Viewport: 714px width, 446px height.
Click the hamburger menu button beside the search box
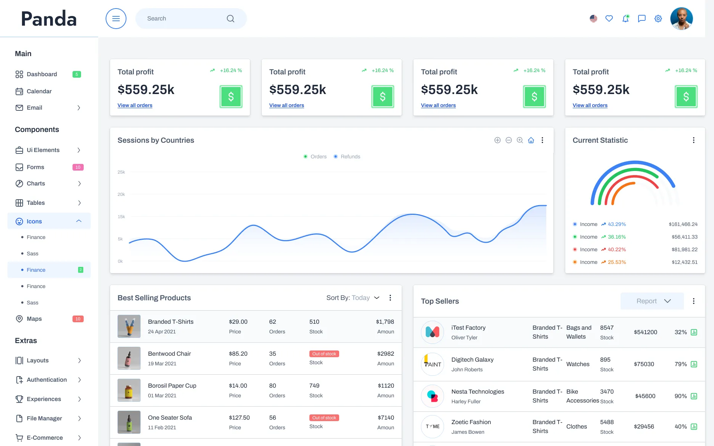[116, 19]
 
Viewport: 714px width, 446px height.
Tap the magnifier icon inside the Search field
[231, 19]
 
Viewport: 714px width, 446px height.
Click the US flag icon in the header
[593, 19]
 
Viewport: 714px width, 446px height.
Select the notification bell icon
[625, 19]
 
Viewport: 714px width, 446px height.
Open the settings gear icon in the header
[658, 19]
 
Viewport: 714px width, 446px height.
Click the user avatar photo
[681, 19]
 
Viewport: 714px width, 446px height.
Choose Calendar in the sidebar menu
[39, 91]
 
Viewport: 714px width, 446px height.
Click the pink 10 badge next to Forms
[78, 167]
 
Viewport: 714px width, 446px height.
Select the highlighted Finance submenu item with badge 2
[36, 270]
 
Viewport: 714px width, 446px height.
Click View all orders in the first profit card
[135, 106]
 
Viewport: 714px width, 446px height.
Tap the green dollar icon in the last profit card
[686, 97]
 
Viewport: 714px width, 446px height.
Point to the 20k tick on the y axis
[121, 194]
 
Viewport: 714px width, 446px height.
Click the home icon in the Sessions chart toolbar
[531, 140]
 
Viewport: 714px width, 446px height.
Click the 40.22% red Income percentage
[617, 250]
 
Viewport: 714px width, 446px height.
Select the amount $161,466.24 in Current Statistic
[683, 224]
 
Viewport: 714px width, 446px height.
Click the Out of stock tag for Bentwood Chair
[324, 354]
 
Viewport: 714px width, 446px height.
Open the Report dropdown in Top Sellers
[652, 301]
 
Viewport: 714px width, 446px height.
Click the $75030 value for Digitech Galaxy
[644, 364]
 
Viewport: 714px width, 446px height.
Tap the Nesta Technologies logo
[432, 396]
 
